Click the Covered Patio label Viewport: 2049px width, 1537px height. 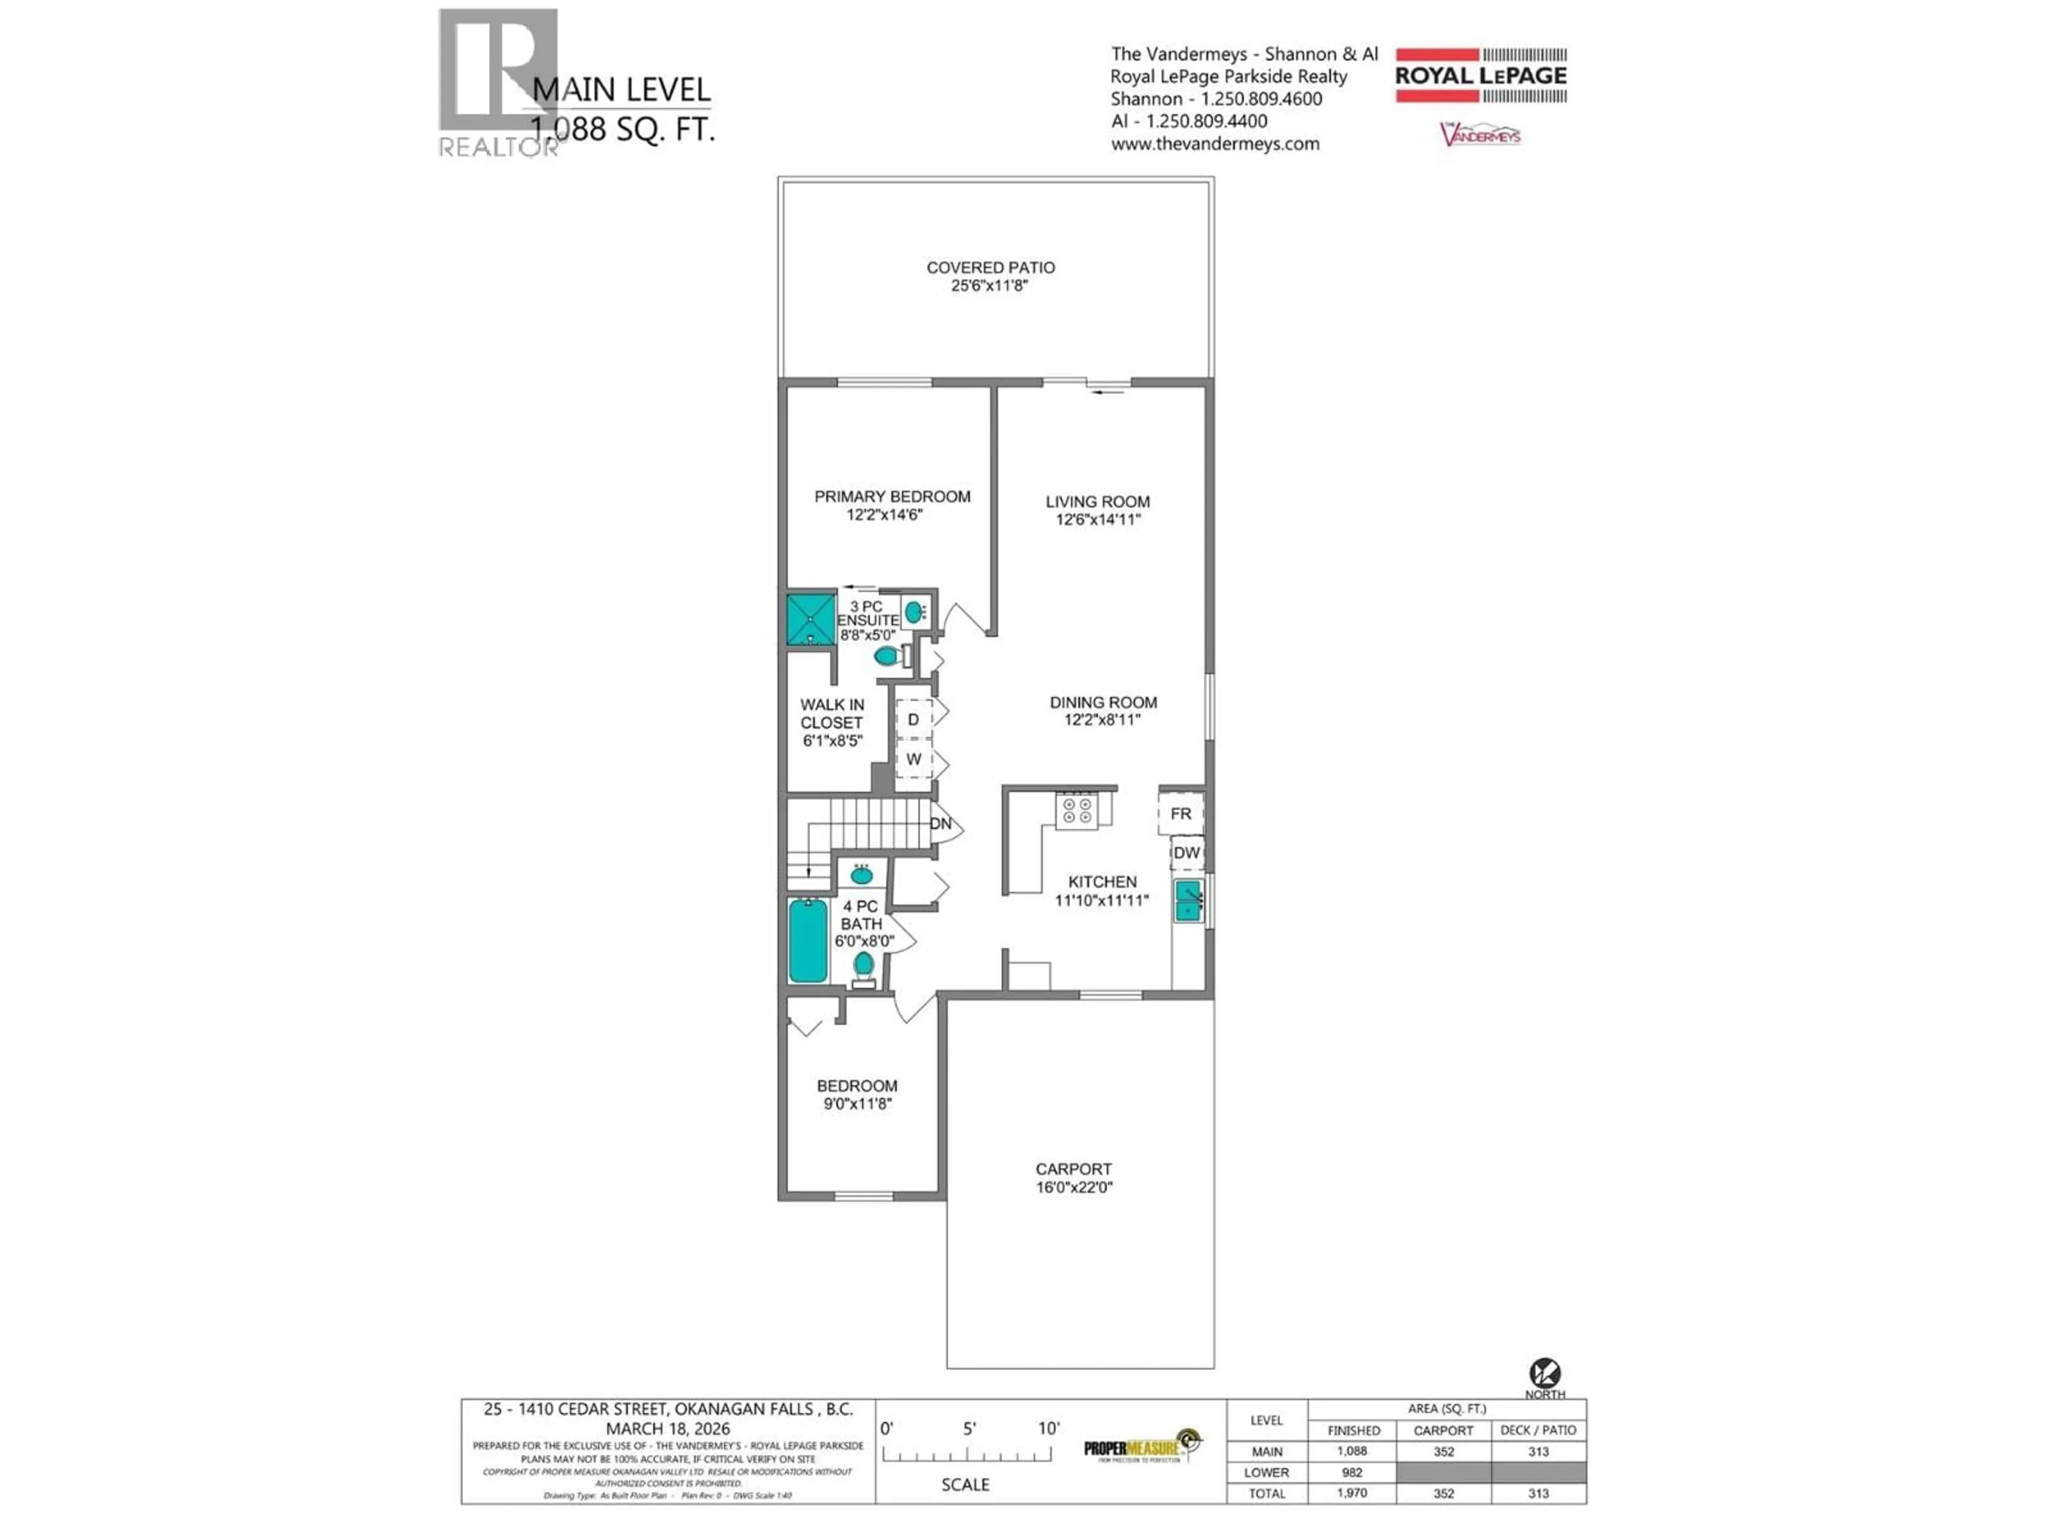[x=990, y=268]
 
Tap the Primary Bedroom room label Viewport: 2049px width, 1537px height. [x=892, y=496]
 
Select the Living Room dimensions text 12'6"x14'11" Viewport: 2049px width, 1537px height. [x=1098, y=520]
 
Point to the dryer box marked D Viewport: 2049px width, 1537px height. [x=914, y=719]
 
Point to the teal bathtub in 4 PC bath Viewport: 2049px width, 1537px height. [x=808, y=940]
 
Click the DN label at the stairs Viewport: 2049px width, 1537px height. [x=940, y=823]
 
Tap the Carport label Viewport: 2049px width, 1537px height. [x=1074, y=1169]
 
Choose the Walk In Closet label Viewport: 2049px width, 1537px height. [x=832, y=714]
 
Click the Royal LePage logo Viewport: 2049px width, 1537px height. [x=1480, y=75]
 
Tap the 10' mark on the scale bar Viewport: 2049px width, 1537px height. [x=1049, y=1429]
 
